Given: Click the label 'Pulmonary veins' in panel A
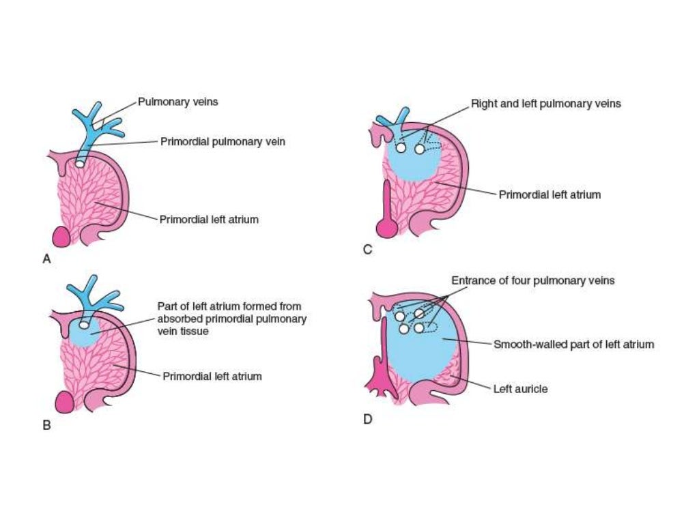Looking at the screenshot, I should click(x=178, y=102).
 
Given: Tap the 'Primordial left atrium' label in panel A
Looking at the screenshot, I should click(x=209, y=220).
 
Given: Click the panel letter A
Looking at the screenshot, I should click(x=46, y=259).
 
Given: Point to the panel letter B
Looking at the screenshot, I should click(x=46, y=424).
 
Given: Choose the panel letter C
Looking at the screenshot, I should click(x=367, y=250).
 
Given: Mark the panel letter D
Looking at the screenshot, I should click(x=367, y=418).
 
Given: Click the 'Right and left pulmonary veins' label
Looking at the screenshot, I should click(x=545, y=104).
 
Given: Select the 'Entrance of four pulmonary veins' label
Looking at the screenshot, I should click(x=532, y=280).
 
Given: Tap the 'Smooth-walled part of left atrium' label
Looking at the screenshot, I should click(x=573, y=344).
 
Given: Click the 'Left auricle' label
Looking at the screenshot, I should click(x=520, y=389).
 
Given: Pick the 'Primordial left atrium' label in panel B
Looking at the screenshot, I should click(x=212, y=376).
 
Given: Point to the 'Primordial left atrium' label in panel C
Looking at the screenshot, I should click(x=550, y=194).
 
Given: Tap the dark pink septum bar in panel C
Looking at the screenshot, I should click(x=387, y=205).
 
